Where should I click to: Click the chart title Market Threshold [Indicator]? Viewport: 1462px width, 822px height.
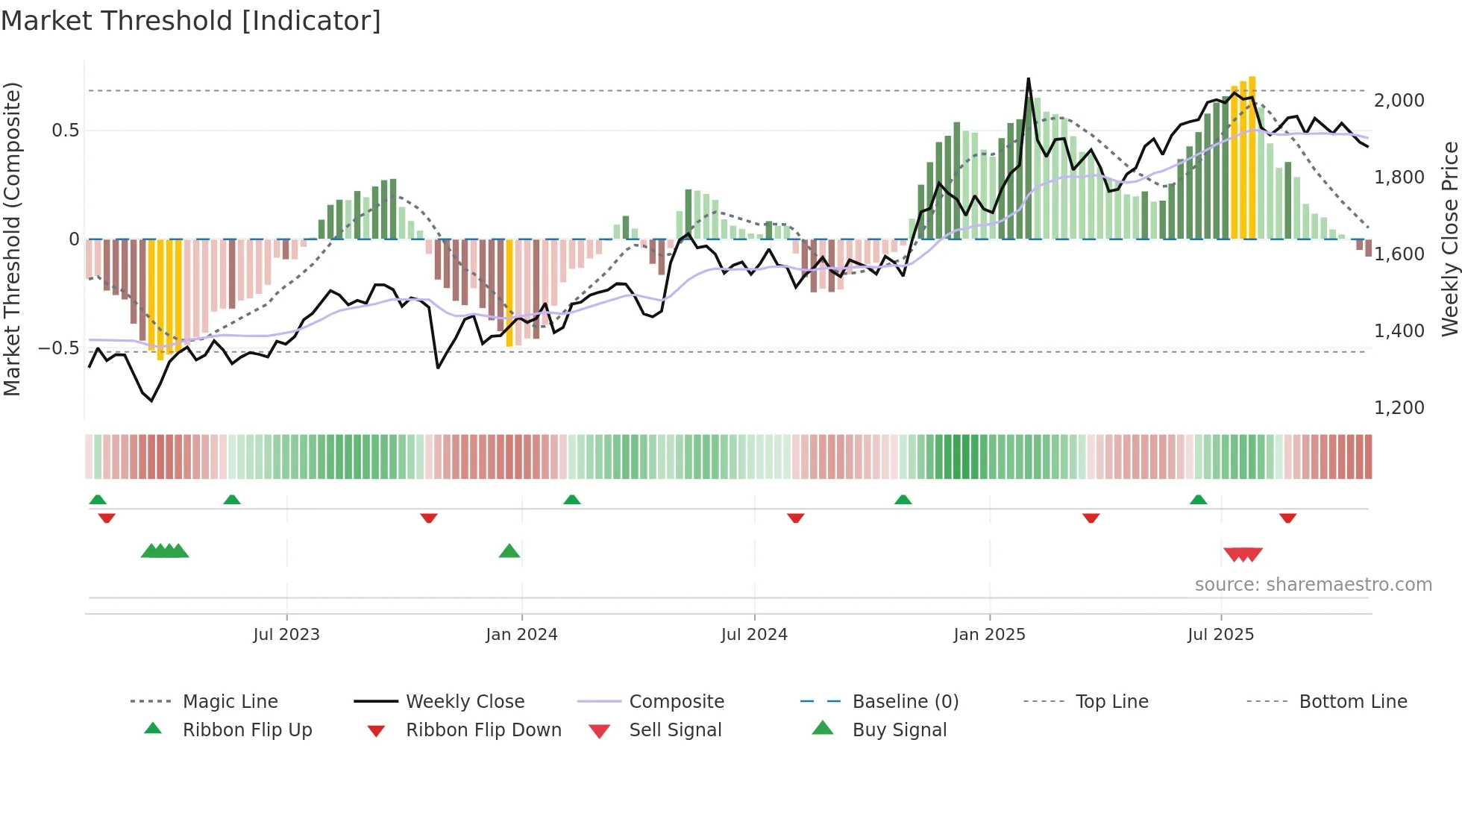(191, 21)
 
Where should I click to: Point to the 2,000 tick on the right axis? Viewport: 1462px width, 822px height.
(1399, 101)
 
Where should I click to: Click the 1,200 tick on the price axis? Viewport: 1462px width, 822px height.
(1399, 408)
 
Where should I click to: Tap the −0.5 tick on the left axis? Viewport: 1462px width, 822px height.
(59, 348)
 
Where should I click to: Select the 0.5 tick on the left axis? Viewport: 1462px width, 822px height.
(65, 131)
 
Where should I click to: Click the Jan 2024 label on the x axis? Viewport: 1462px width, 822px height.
(521, 635)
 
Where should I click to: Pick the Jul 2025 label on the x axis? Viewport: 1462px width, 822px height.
(1220, 635)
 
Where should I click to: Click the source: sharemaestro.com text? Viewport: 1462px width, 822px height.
(1313, 585)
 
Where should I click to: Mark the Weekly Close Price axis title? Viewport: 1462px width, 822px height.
(1449, 239)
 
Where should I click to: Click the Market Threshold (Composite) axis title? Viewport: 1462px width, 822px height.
(12, 239)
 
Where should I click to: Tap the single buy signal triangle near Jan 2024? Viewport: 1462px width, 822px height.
(509, 551)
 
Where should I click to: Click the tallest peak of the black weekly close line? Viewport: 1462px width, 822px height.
(1028, 79)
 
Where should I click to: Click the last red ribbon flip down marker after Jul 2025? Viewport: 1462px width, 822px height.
(1287, 518)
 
